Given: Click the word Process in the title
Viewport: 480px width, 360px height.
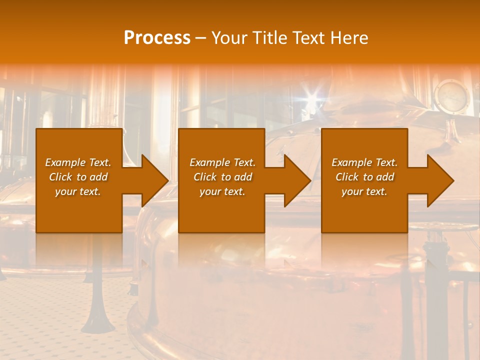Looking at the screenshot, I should click(157, 38).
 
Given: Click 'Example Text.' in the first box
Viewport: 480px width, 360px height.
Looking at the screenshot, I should click(78, 162).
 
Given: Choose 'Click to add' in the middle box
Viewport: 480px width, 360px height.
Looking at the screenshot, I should click(222, 177).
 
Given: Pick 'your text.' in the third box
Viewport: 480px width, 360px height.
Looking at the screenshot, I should click(364, 191).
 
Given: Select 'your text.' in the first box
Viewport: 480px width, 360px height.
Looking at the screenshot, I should click(78, 191).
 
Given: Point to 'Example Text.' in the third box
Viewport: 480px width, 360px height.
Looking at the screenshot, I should click(364, 162).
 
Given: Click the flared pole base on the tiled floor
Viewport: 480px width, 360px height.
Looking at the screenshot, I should click(97, 320).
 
